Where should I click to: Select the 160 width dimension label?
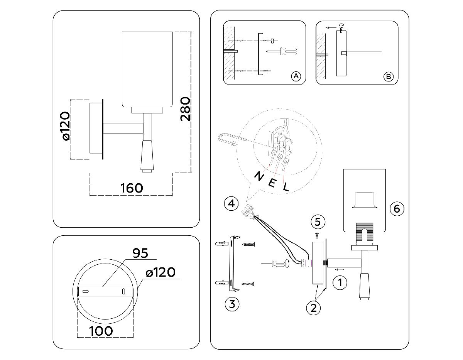pos(132,188)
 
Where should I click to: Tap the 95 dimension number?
pos(140,254)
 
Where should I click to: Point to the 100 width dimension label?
pos(101,331)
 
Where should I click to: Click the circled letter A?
pos(296,76)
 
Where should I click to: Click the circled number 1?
pos(340,282)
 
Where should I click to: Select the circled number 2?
pos(313,308)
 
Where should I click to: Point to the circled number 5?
pos(318,222)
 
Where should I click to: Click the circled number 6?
pos(397,209)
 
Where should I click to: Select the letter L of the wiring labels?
pos(286,188)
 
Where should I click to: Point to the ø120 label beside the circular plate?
pos(161,273)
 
